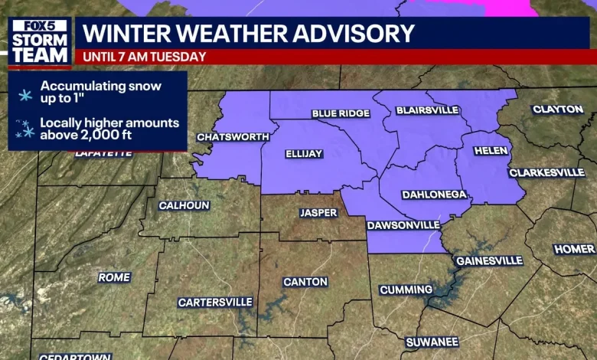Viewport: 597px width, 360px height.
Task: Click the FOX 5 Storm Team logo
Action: (40, 41)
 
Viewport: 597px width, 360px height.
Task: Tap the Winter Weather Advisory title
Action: (249, 33)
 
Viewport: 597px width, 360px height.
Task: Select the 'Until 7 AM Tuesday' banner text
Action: (145, 57)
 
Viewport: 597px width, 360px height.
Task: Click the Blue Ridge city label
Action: (341, 114)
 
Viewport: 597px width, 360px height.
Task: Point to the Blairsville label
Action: (427, 110)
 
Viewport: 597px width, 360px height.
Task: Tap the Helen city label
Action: (491, 151)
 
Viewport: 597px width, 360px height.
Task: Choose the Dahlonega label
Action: (434, 195)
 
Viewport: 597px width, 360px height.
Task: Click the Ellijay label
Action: (304, 154)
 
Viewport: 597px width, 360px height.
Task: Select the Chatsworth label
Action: (233, 137)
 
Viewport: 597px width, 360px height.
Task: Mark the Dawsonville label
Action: (403, 225)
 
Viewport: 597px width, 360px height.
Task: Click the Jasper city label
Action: (318, 212)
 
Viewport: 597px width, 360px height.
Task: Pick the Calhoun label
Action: (184, 205)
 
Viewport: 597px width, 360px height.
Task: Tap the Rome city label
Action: (114, 277)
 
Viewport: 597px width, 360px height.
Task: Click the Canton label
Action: (305, 282)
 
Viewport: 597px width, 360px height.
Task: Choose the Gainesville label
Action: (489, 260)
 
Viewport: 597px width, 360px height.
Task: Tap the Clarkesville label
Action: (546, 172)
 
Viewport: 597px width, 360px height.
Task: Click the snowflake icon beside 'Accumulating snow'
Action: (25, 94)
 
